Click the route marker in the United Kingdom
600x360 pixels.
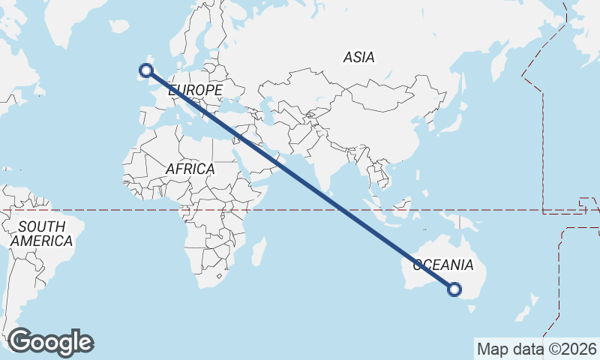pos(146,70)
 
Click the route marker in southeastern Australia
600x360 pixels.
pos(454,289)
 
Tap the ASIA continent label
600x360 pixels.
pos(358,57)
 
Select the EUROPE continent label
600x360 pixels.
pos(196,90)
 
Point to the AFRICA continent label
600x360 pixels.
pos(190,169)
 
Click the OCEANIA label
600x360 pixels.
pos(443,265)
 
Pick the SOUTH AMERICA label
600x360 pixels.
pos(41,234)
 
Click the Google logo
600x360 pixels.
pos(50,342)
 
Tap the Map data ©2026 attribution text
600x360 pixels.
pos(537,349)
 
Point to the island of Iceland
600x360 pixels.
pos(119,26)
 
